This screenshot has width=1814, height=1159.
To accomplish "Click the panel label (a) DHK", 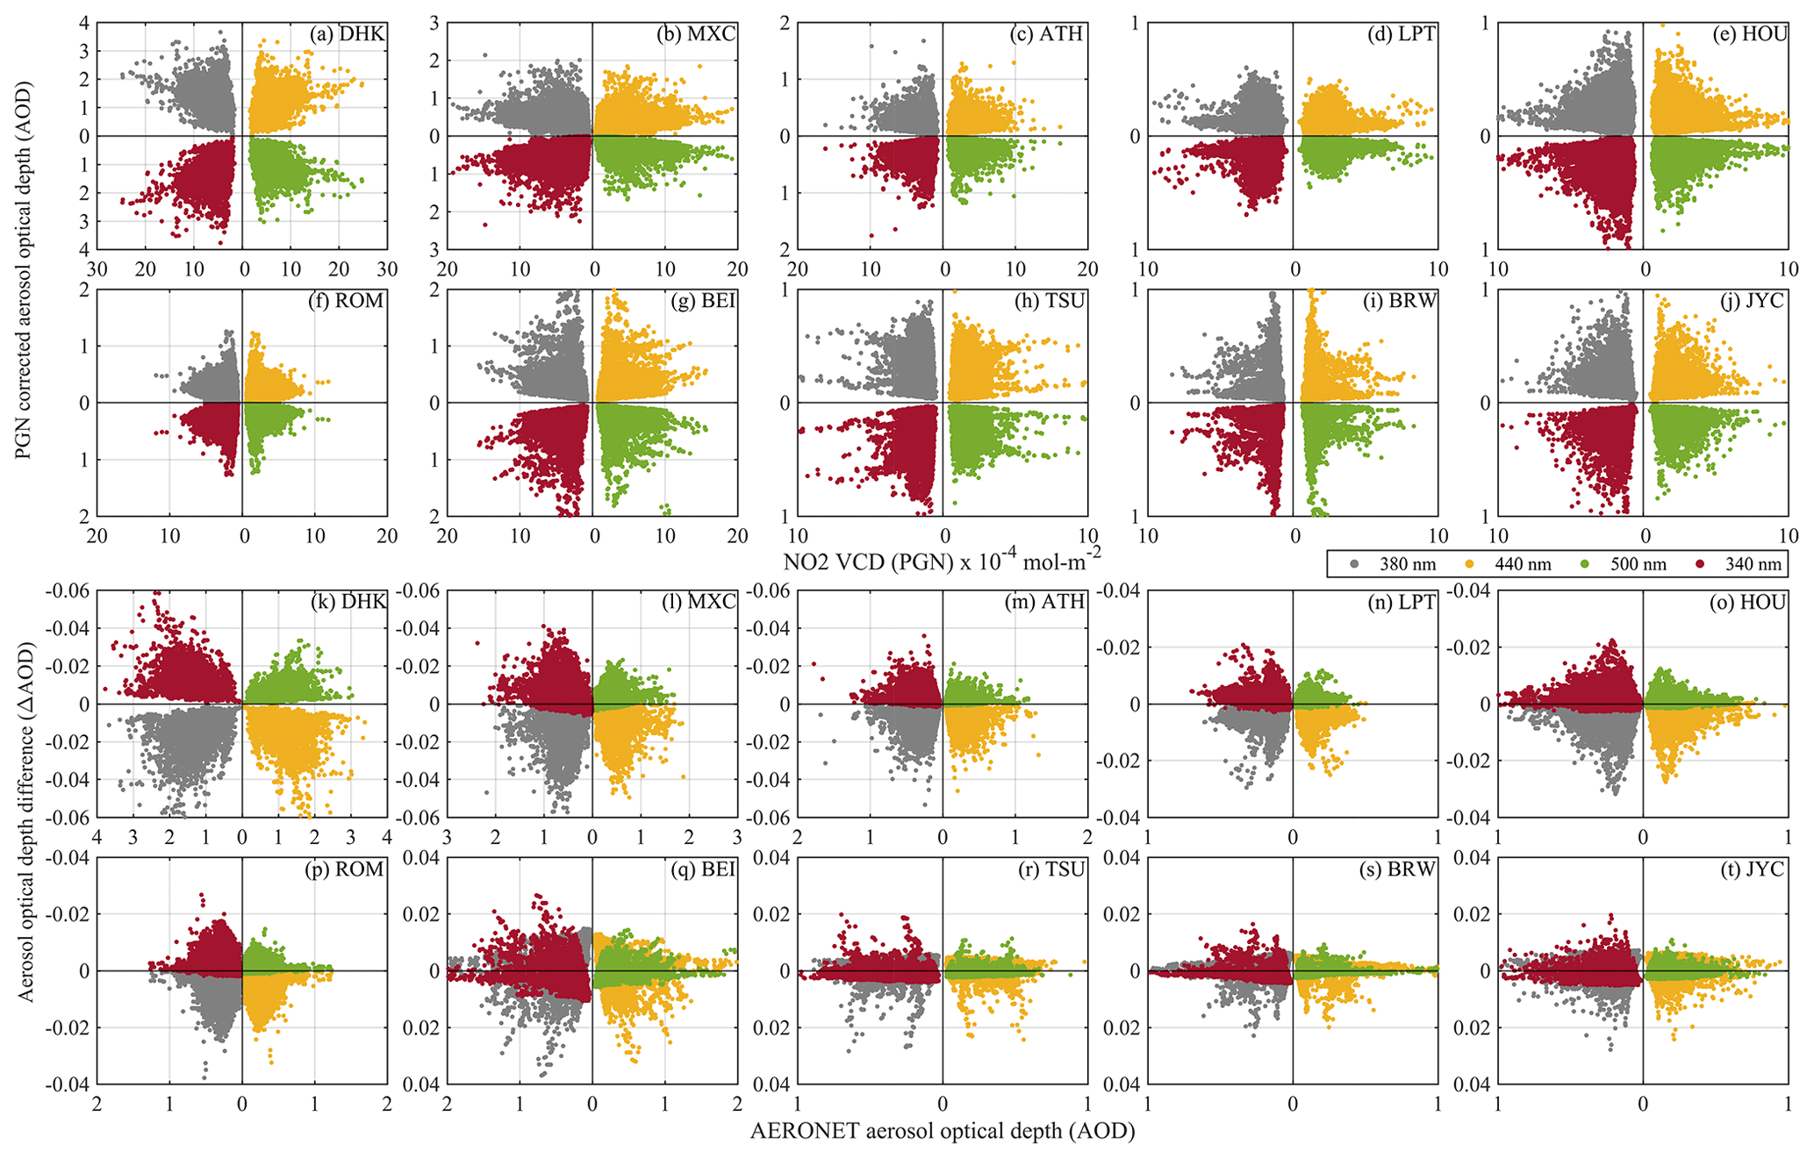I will coord(347,34).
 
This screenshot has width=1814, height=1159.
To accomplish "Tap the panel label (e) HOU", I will coord(1748,34).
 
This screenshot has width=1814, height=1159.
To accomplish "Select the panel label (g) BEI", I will coord(697,301).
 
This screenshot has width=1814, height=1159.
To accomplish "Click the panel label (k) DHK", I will coord(348,602).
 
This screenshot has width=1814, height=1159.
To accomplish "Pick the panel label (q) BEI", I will coord(697,869).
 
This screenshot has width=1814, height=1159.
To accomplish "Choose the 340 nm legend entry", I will coord(1742,564).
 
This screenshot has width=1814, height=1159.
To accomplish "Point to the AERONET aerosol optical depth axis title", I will coord(943,1131).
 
